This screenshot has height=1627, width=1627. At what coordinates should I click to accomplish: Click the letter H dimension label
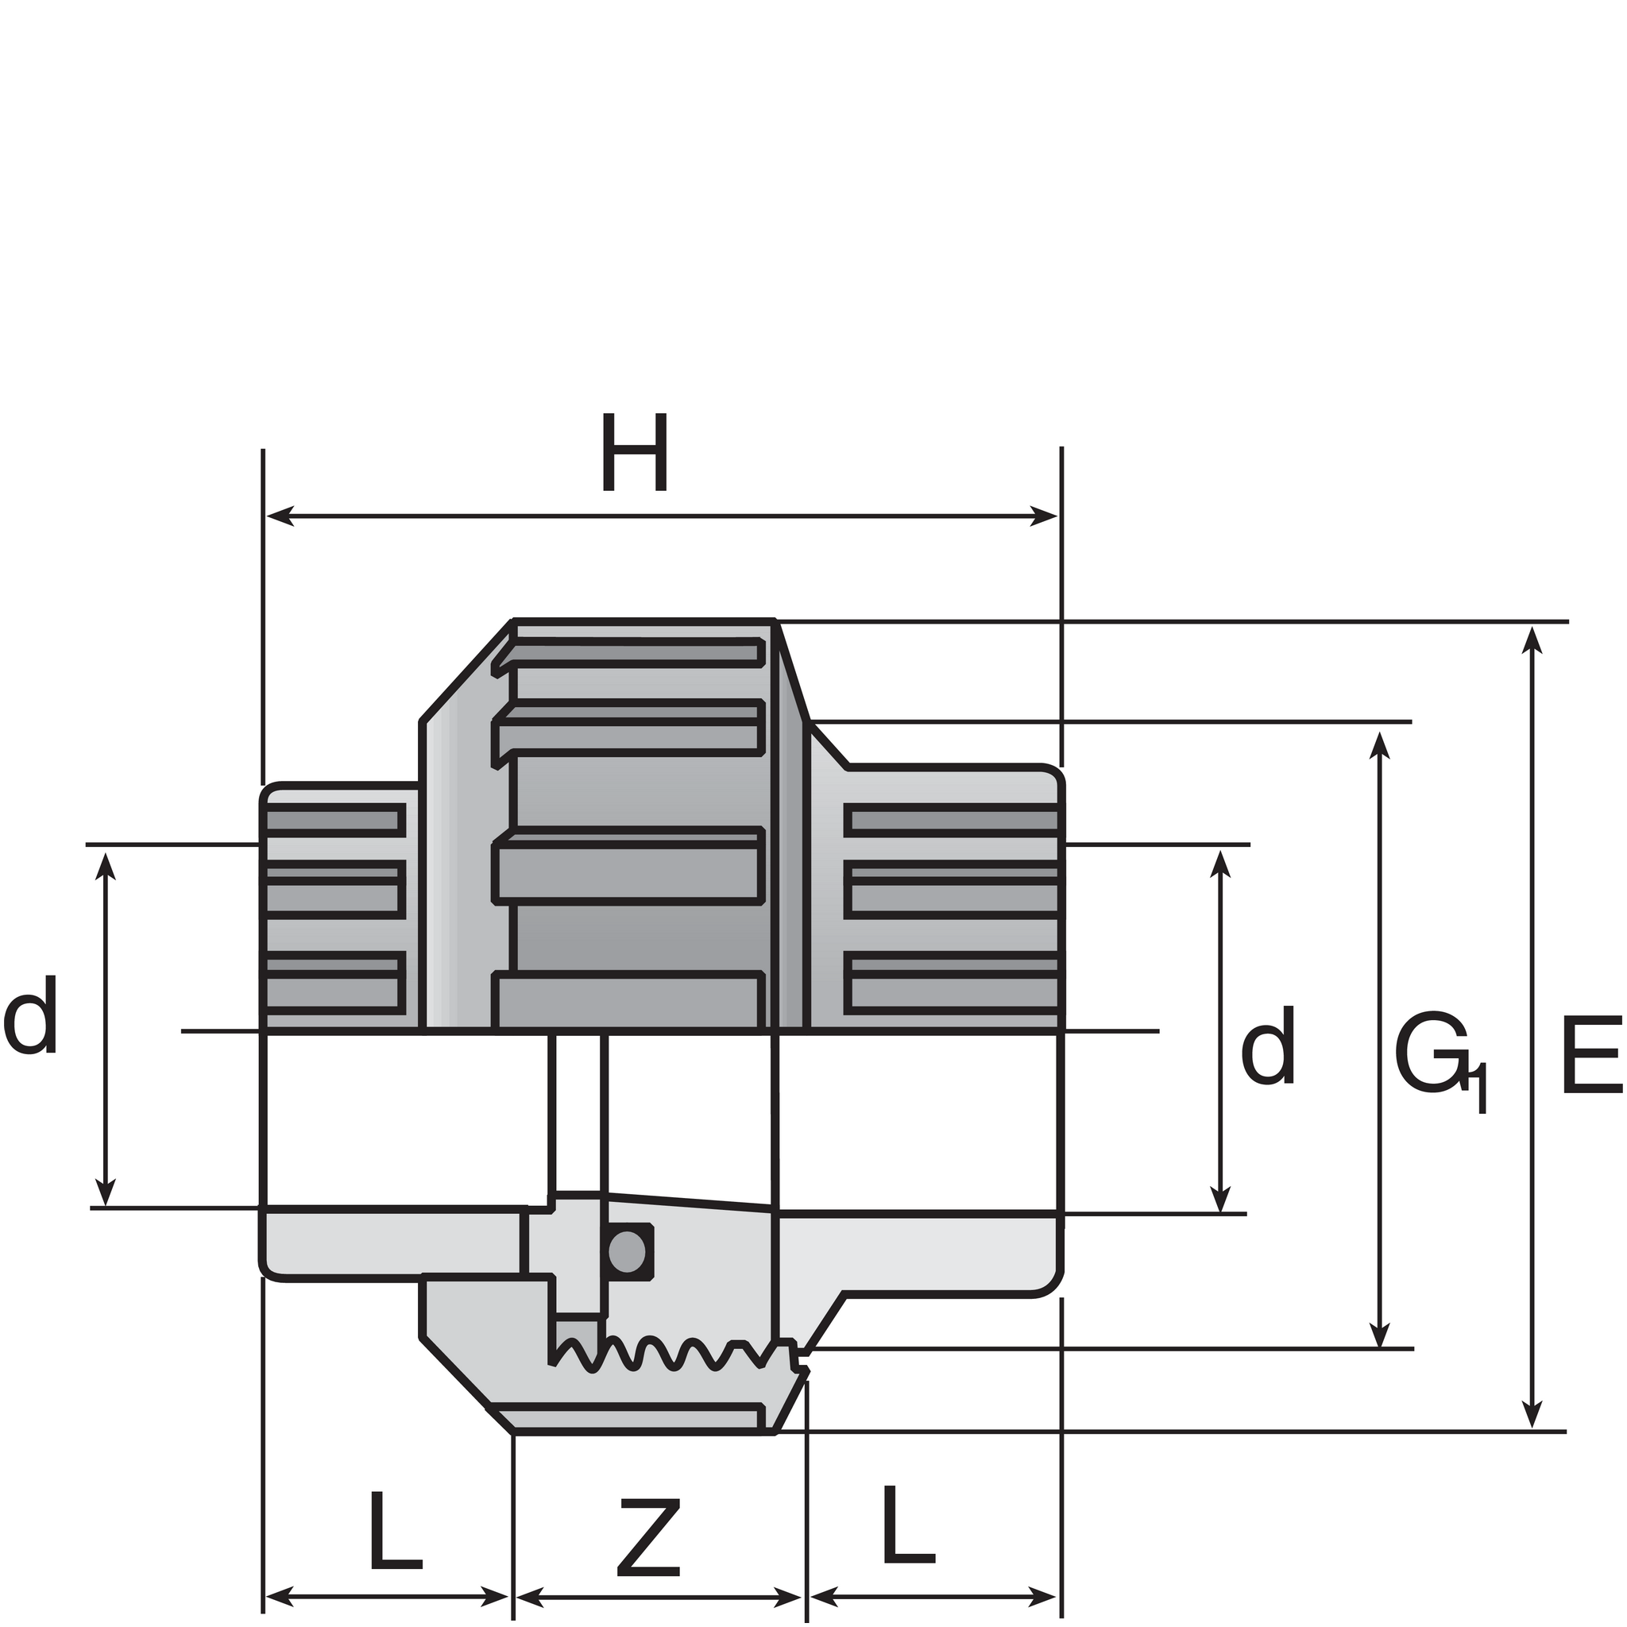click(636, 452)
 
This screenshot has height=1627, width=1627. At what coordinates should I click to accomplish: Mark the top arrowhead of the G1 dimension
click(1379, 745)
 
